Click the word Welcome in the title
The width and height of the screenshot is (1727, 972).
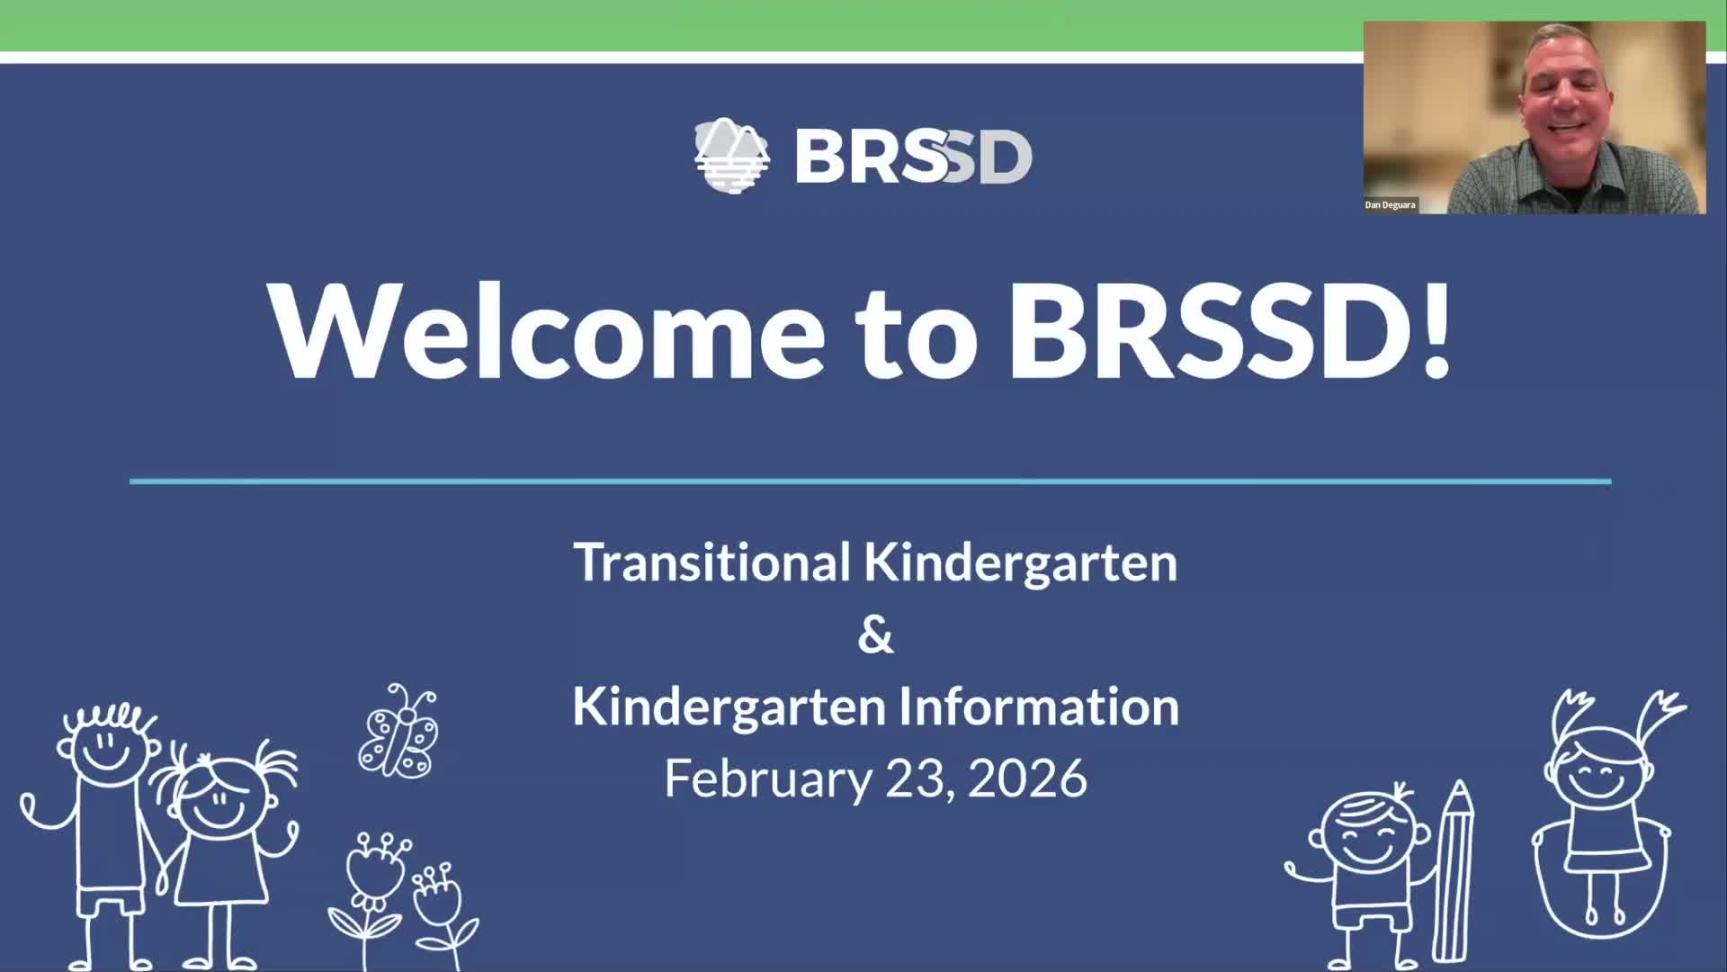[545, 331]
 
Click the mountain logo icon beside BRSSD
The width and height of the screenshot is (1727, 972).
[731, 156]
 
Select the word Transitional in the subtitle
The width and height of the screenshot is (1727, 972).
[711, 562]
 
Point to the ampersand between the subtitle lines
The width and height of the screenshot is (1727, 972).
[875, 634]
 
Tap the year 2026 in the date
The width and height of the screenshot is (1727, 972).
[1028, 778]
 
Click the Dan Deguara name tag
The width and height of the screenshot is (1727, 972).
[1390, 205]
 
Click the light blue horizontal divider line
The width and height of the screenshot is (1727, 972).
[870, 481]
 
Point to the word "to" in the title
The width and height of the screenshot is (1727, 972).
[917, 331]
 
